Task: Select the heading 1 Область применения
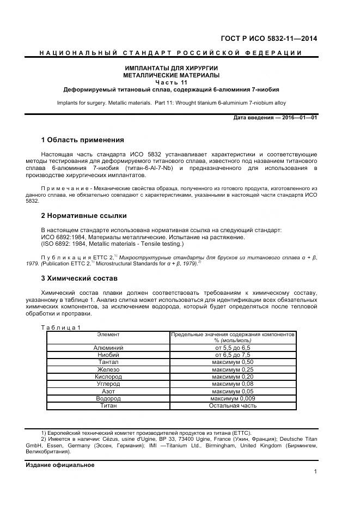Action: click(x=82, y=140)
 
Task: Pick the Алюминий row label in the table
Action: click(x=108, y=348)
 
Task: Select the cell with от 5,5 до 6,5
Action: click(x=233, y=348)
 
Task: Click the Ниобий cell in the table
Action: click(x=108, y=355)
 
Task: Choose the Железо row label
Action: click(x=108, y=369)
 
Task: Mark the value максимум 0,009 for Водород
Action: click(x=233, y=398)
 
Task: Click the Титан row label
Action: click(x=108, y=405)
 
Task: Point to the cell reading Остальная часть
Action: click(x=233, y=405)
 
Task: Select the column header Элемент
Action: click(x=108, y=334)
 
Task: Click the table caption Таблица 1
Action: click(x=61, y=327)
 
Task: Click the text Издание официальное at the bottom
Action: click(x=60, y=465)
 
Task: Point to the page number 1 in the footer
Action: click(x=315, y=472)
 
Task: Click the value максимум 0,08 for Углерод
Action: click(x=233, y=384)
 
